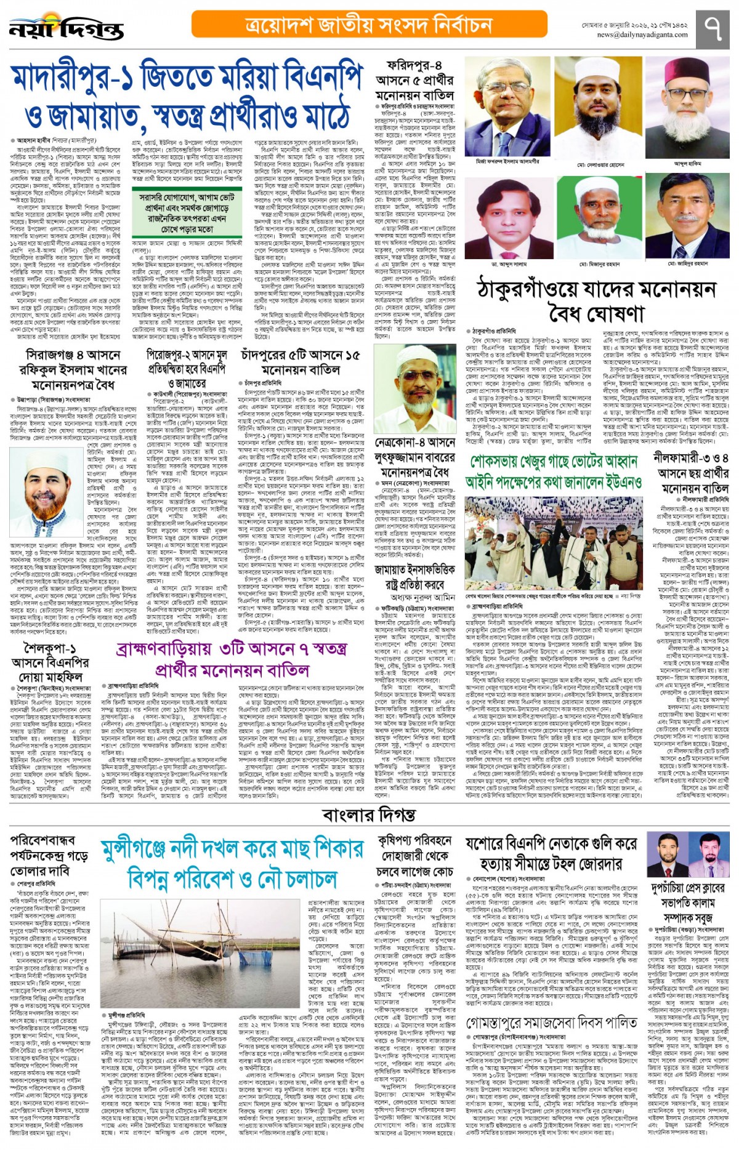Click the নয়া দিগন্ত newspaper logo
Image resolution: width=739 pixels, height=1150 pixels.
(x=66, y=28)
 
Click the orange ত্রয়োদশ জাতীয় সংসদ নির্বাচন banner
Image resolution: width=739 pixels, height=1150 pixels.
(x=369, y=25)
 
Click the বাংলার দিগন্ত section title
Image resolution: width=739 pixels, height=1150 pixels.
(x=369, y=815)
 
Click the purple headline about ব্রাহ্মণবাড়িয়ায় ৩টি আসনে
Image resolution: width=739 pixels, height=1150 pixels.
(x=232, y=660)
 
